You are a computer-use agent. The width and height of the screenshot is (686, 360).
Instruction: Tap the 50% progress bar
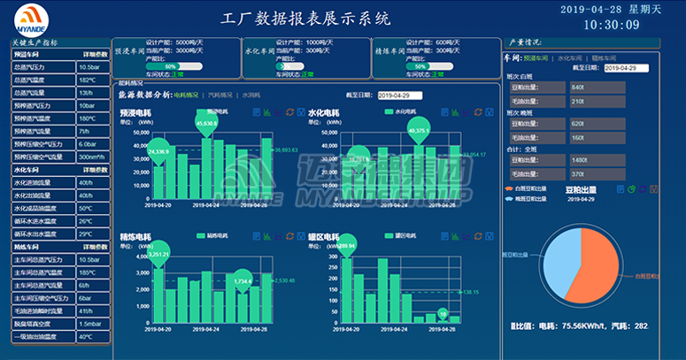(x=420, y=65)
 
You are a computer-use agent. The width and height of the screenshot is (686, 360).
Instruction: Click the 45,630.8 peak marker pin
(x=206, y=125)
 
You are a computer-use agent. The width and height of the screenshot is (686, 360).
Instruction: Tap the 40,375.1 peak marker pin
(x=419, y=132)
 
